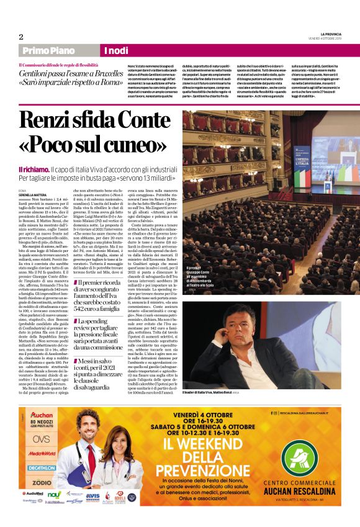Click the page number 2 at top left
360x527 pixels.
tap(20, 36)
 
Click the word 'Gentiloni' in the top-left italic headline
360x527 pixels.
tap(39, 73)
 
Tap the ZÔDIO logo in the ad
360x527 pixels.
tap(42, 482)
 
